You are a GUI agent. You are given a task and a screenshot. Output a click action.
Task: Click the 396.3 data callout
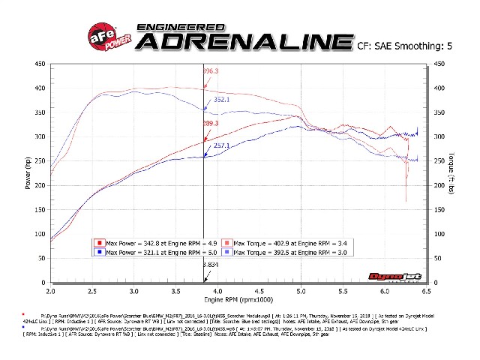(212, 71)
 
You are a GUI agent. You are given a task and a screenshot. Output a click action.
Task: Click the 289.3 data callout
(212, 123)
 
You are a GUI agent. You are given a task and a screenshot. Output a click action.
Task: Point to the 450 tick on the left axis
(39, 64)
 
